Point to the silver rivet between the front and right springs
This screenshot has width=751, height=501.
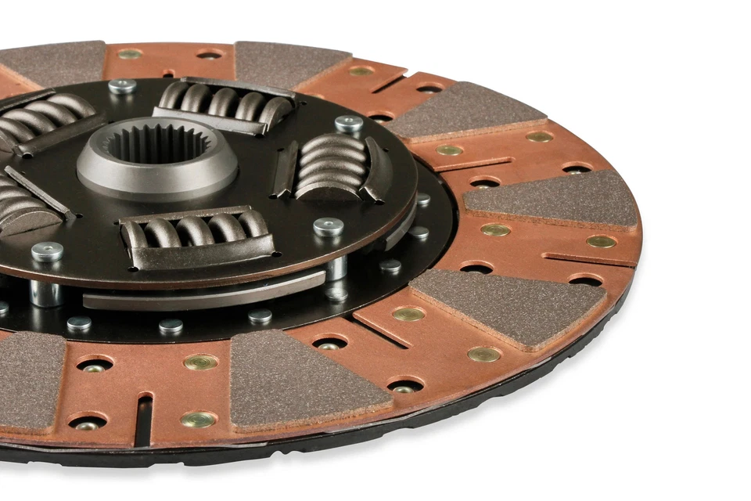(x=328, y=227)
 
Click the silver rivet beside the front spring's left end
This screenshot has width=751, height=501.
(x=47, y=251)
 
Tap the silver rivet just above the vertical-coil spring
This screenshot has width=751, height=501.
(x=349, y=124)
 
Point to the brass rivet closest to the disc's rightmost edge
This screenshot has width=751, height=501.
(x=601, y=241)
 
